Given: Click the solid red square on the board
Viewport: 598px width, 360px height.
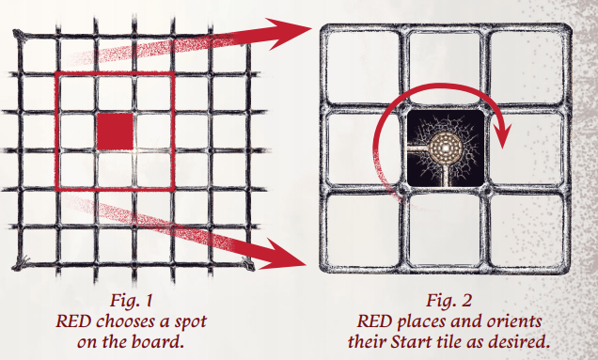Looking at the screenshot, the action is point(115,132).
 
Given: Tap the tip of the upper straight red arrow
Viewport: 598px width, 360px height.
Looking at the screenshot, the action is point(312,28).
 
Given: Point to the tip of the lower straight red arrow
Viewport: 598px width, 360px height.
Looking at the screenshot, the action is point(307,264).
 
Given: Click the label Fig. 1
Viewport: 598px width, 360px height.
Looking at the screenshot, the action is point(132,300).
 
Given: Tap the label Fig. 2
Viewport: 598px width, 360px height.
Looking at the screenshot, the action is point(448,300).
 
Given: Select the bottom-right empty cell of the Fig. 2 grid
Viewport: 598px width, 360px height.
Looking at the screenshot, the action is point(526,230).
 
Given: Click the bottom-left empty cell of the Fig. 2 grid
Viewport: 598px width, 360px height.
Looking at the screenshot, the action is point(363,230).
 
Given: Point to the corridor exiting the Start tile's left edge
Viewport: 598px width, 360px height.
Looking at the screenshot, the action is point(419,147).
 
